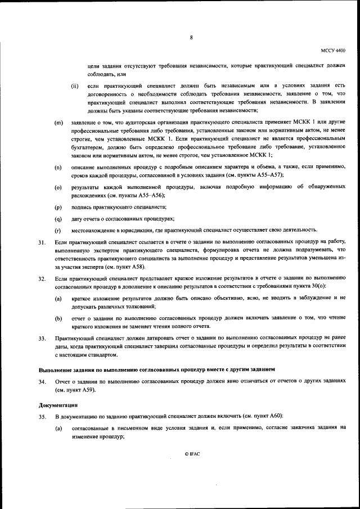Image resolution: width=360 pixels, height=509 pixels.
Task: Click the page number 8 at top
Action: [191, 37]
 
